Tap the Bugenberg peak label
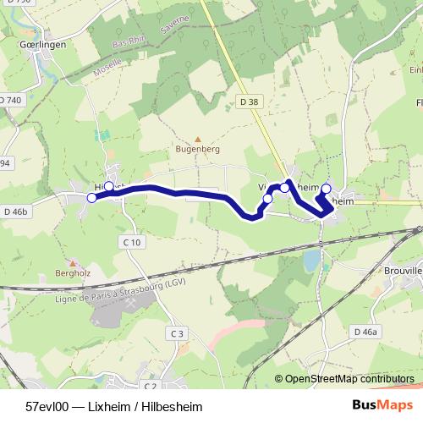(198, 148)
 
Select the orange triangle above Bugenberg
(198, 139)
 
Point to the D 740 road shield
(11, 100)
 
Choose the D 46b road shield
(16, 211)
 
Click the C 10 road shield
(132, 242)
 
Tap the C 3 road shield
(177, 334)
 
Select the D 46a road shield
(365, 332)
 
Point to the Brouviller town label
(404, 272)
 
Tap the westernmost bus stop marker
(92, 198)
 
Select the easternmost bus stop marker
(326, 189)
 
